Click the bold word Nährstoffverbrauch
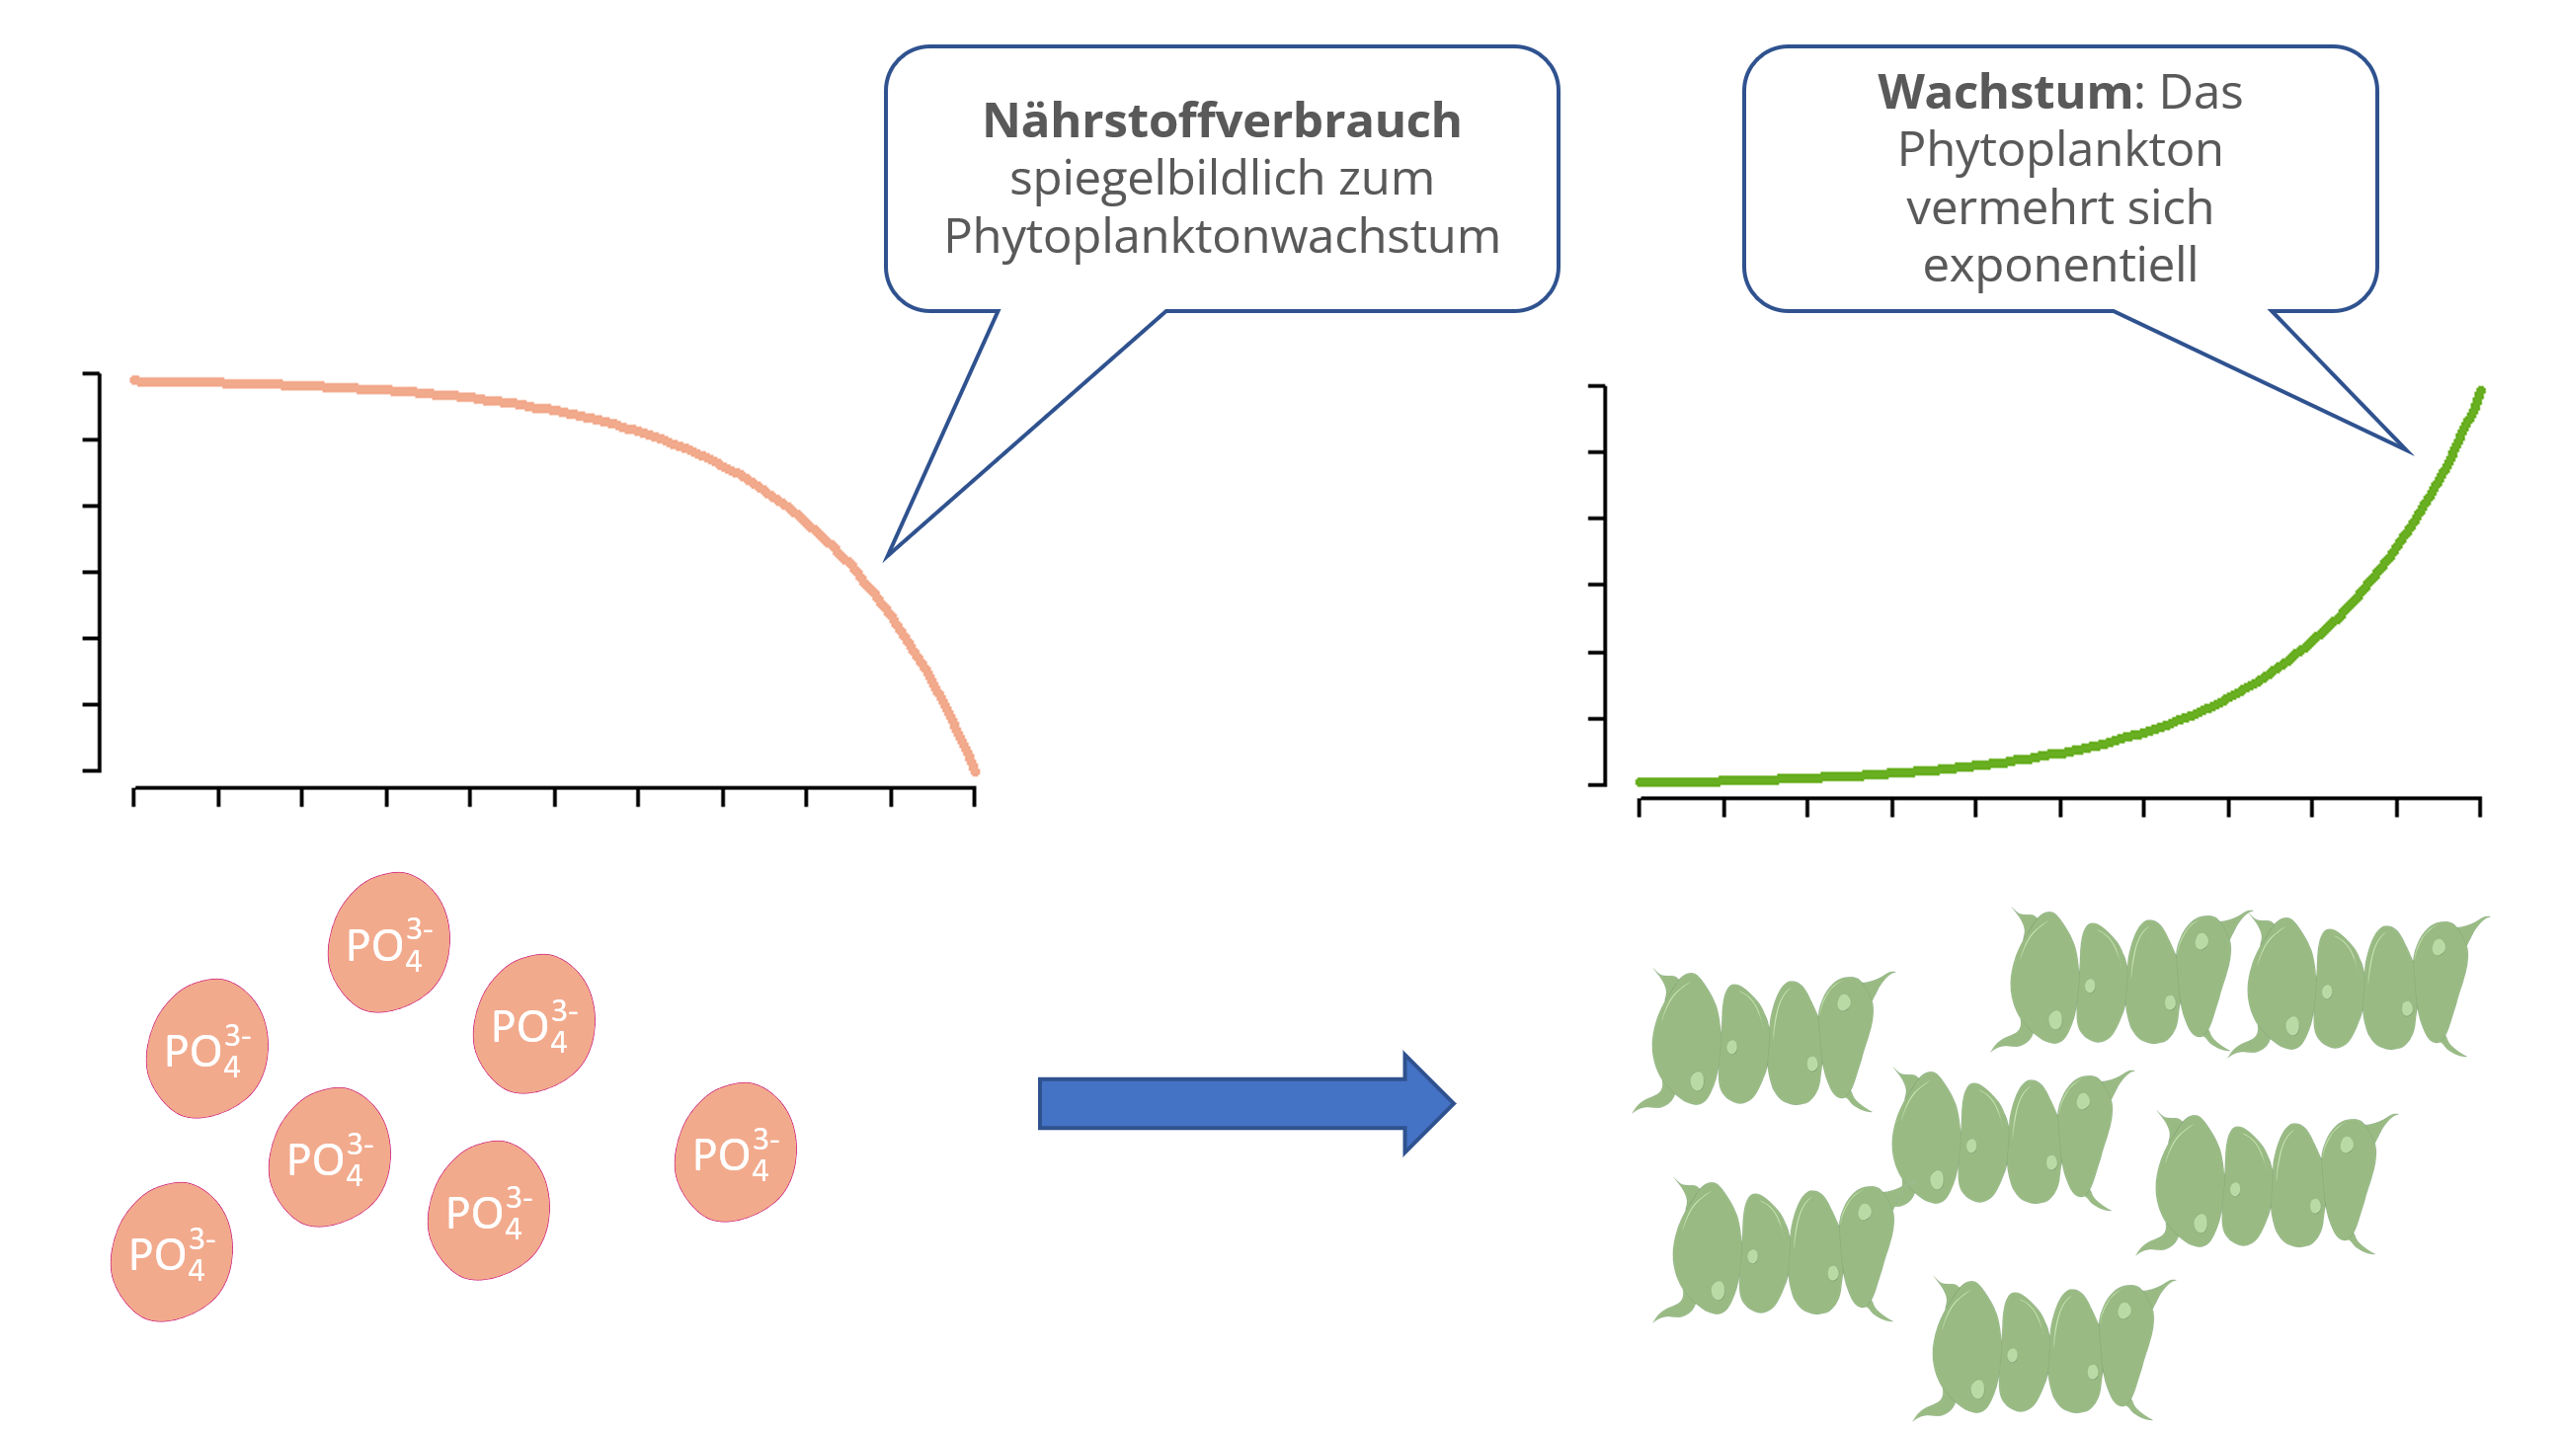pos(1222,120)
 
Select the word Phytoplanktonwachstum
pos(1222,237)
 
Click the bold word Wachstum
pos(2003,92)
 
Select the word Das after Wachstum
pos(2200,92)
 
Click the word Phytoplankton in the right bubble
pos(2058,151)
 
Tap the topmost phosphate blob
pos(389,942)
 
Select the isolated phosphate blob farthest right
pos(735,1152)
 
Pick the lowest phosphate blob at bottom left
pos(171,1251)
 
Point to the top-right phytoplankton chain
pos(2359,986)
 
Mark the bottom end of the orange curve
pos(975,770)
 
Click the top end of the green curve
pos(2480,391)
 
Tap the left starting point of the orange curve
pos(135,380)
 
